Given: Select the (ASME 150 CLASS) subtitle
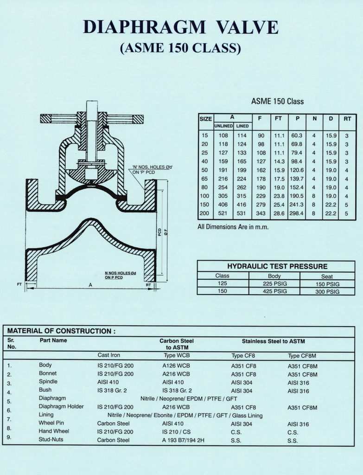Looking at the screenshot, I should tap(181, 48).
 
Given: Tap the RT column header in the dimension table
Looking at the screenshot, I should tap(347, 119).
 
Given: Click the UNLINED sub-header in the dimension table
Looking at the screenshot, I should tap(223, 126).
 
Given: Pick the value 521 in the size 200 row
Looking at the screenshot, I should tap(223, 213).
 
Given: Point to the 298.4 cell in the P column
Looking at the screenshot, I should tap(297, 213).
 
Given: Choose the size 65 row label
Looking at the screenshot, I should tap(205, 179).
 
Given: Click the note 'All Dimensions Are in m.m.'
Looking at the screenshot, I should tap(233, 227).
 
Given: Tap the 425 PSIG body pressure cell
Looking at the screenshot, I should tap(274, 291).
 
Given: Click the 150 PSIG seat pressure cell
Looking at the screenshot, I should tap(327, 284).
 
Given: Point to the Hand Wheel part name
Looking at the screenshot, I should tap(54, 431).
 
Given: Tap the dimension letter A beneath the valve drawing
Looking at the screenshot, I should tap(90, 286).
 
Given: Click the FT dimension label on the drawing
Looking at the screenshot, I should tap(19, 284).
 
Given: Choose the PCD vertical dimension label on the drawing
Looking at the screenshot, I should tap(159, 232).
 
